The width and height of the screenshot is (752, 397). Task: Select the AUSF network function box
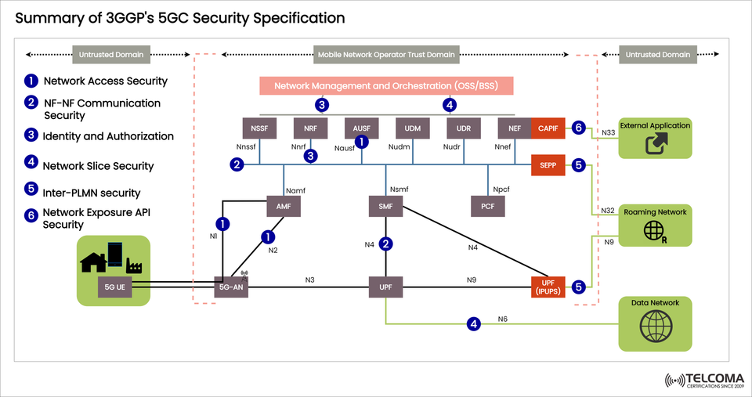point(361,128)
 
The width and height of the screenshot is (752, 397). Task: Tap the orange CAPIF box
point(547,128)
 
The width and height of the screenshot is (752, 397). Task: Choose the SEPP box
point(547,165)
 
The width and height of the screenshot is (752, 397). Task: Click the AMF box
point(283,207)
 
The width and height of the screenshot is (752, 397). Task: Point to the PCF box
point(487,207)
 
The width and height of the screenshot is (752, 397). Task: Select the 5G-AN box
point(231,287)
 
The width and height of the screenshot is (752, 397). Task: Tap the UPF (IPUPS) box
point(547,287)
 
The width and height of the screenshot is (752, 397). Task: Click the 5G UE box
point(114,287)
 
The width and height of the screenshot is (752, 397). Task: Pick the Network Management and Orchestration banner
point(386,85)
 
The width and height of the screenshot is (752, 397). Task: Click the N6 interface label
point(502,319)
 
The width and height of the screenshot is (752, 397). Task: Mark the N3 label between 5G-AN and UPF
point(311,280)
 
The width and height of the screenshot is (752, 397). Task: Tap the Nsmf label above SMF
point(399,189)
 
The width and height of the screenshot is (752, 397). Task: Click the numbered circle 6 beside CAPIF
point(578,128)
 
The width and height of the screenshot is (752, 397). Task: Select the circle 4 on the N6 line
point(472,323)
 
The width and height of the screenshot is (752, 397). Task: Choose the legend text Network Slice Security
point(98,166)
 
